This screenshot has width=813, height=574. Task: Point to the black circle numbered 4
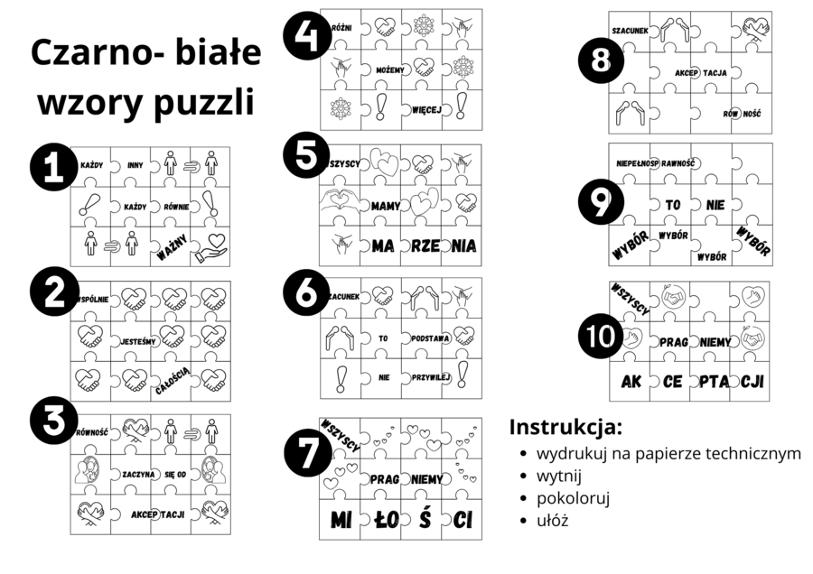(x=304, y=37)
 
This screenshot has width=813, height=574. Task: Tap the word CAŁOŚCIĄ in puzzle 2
(x=172, y=382)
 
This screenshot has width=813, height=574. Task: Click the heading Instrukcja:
(x=565, y=426)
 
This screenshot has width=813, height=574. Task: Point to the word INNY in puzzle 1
(x=135, y=165)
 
